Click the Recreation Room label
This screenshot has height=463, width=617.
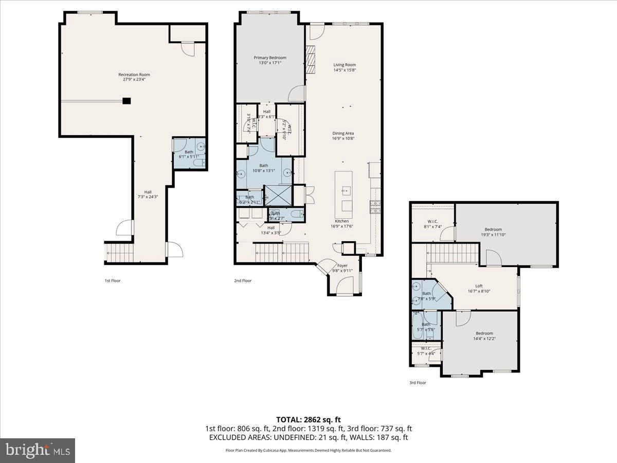[134, 75]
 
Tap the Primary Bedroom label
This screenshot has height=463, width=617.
[270, 58]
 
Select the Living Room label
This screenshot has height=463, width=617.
[344, 65]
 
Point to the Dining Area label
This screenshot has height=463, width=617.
[343, 134]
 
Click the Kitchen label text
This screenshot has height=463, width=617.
[343, 221]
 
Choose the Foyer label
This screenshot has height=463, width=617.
[342, 265]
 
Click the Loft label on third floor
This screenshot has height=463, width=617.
[479, 286]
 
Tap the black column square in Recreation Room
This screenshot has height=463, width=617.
[126, 101]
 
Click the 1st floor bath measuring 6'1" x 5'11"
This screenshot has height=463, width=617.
[189, 154]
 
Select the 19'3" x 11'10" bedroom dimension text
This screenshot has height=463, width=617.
[493, 235]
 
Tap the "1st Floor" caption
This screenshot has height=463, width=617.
[112, 281]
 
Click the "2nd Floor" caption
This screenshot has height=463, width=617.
[243, 281]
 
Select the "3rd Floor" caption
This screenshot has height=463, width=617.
[418, 383]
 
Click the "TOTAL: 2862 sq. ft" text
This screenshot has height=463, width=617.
[308, 419]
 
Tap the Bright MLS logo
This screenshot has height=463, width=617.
[38, 451]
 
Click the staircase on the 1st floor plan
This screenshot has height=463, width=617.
[119, 252]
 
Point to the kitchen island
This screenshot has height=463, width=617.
[344, 194]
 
